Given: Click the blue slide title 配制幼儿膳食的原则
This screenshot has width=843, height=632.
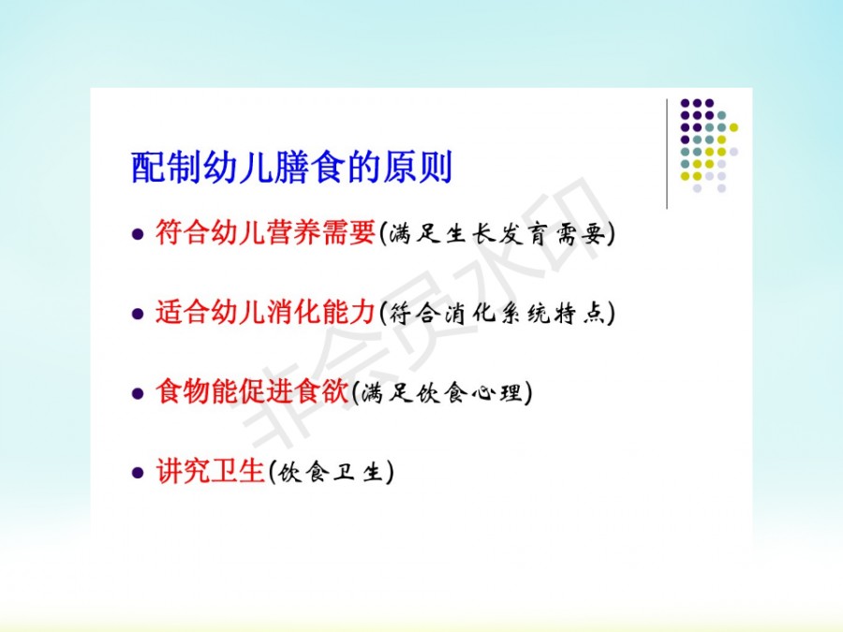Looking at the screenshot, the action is (x=292, y=168).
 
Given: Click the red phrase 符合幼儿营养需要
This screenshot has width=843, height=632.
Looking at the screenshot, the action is (x=266, y=233).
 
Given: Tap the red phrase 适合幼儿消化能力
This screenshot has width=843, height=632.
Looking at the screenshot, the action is (x=265, y=312).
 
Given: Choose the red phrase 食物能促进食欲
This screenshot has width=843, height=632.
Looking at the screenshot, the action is (x=252, y=391).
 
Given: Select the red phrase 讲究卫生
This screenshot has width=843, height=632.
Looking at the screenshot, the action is (x=210, y=471).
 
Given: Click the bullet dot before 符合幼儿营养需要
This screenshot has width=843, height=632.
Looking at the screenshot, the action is (x=139, y=234).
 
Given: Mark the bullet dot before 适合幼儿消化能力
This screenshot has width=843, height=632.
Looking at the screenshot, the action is (x=139, y=314).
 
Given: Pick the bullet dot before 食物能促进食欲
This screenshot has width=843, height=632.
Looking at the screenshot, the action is (x=139, y=393).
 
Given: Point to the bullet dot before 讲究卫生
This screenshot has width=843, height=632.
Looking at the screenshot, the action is (x=139, y=473).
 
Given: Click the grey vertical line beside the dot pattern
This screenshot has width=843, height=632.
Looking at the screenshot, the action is (x=667, y=154).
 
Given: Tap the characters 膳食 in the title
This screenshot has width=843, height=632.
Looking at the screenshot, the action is (x=310, y=168).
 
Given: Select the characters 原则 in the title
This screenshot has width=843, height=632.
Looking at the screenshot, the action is (x=418, y=168).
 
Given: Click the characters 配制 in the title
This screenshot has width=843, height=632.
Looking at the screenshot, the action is (x=166, y=168).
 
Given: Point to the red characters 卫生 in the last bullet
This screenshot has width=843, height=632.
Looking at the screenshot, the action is (x=238, y=471).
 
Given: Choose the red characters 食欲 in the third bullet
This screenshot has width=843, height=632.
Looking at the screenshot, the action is (x=322, y=391).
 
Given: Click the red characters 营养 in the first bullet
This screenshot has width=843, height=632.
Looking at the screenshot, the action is (x=293, y=233).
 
